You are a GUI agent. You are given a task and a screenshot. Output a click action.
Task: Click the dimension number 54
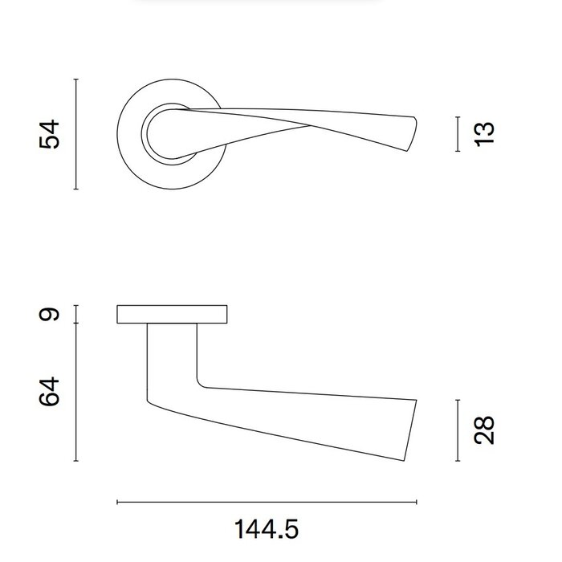[50, 134]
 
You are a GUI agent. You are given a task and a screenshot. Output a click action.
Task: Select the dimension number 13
[485, 133]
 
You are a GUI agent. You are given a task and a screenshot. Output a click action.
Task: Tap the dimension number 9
[50, 314]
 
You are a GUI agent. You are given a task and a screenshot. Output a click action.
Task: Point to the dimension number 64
[50, 392]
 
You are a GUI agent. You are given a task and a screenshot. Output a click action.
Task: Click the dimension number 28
[485, 430]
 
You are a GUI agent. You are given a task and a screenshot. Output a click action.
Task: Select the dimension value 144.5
[267, 530]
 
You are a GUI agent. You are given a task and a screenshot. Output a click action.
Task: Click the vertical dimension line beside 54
[75, 134]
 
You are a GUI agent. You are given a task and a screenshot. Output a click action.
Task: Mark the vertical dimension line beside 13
[457, 133]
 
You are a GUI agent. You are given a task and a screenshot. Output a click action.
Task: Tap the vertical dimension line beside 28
[457, 430]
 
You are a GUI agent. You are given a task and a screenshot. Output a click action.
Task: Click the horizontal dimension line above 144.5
[267, 503]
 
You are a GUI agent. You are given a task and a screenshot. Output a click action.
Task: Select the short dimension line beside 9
[75, 314]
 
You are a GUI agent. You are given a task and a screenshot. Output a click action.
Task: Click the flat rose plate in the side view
[173, 315]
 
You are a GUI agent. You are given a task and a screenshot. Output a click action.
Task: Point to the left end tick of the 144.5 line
[118, 503]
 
